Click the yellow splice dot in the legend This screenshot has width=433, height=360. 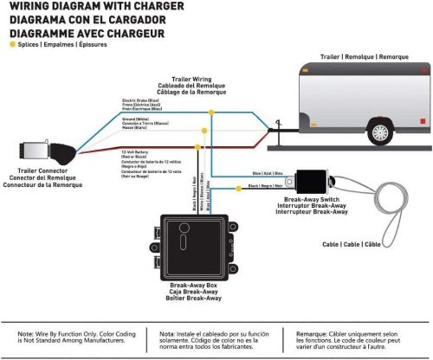point(11,42)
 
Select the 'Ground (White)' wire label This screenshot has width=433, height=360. point(139,120)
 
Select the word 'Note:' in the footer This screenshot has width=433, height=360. point(29,332)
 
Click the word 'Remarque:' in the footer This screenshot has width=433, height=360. point(307,332)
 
